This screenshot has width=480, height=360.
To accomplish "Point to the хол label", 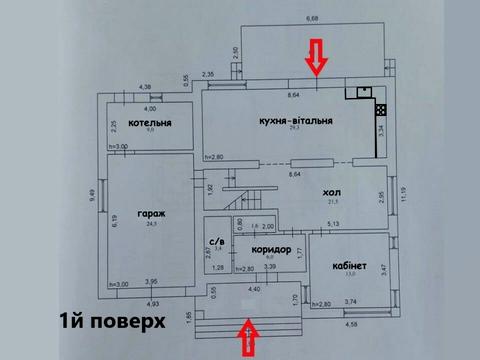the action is pyautogui.click(x=331, y=192).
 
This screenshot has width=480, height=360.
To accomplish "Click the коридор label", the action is pyautogui.click(x=272, y=249).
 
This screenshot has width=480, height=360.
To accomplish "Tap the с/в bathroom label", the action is pyautogui.click(x=217, y=241).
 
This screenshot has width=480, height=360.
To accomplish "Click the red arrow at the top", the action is pyautogui.click(x=314, y=56).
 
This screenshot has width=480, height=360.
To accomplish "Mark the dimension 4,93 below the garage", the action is pyautogui.click(x=153, y=303).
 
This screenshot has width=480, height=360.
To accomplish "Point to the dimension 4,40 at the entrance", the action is pyautogui.click(x=254, y=290).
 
